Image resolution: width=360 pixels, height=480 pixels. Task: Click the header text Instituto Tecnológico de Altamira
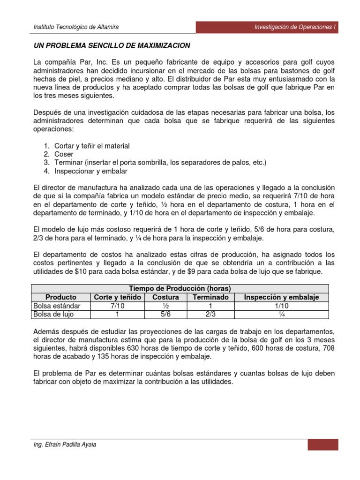76,27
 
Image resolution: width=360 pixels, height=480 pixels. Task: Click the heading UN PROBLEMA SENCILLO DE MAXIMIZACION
112,45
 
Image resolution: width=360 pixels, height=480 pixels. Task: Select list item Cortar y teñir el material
92,146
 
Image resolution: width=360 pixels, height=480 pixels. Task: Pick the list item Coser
64,154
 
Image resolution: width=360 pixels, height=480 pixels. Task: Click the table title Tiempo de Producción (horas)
180,288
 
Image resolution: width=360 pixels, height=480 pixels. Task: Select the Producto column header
61,297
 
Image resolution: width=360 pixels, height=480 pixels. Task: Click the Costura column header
165,297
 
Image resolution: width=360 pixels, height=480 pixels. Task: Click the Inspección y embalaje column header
282,297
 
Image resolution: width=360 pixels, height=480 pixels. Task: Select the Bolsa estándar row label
57,306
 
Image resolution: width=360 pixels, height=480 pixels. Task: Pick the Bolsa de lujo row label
54,314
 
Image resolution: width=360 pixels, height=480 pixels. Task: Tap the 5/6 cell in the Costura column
165,314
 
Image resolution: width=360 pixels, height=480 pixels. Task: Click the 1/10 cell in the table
282,306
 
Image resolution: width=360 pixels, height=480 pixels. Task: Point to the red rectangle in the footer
323,444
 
